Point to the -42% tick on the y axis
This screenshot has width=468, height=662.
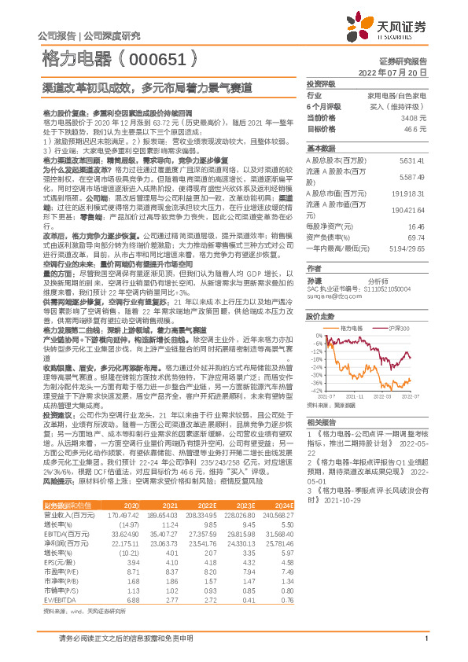coord(315,390)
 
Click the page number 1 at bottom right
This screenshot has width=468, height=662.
coord(425,638)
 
